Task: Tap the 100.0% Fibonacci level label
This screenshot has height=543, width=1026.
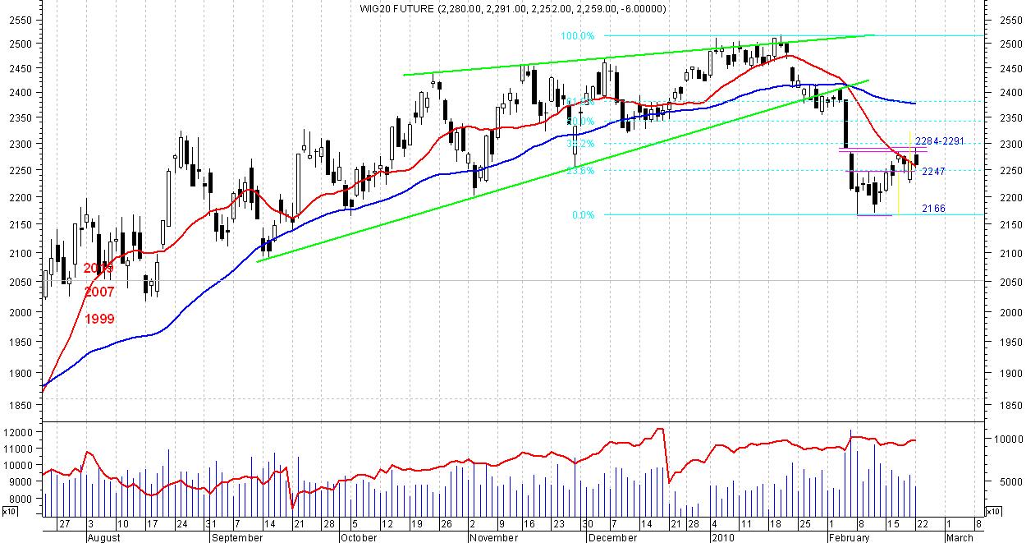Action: pos(577,35)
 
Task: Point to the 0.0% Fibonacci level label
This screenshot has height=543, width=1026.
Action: pos(582,215)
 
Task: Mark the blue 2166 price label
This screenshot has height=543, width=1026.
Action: pos(932,209)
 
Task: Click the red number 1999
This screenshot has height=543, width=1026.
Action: pos(99,319)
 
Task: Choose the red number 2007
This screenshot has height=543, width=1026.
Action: pos(99,292)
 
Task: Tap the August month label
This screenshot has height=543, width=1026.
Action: pos(103,538)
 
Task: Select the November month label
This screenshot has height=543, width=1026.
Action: pos(495,538)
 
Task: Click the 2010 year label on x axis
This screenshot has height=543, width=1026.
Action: pos(721,538)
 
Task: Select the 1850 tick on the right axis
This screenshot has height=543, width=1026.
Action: pos(1005,405)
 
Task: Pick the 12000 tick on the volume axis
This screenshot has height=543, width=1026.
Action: pos(18,432)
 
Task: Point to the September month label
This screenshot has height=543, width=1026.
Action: pos(237,538)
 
